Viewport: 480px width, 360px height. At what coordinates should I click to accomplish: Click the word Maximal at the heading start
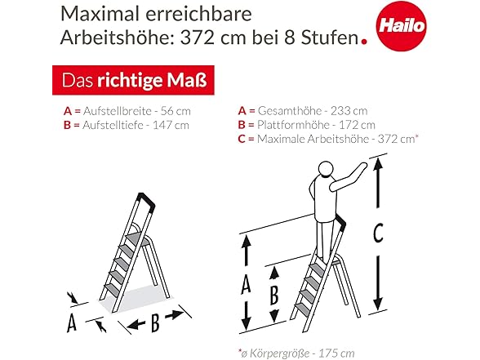pos(100,14)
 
